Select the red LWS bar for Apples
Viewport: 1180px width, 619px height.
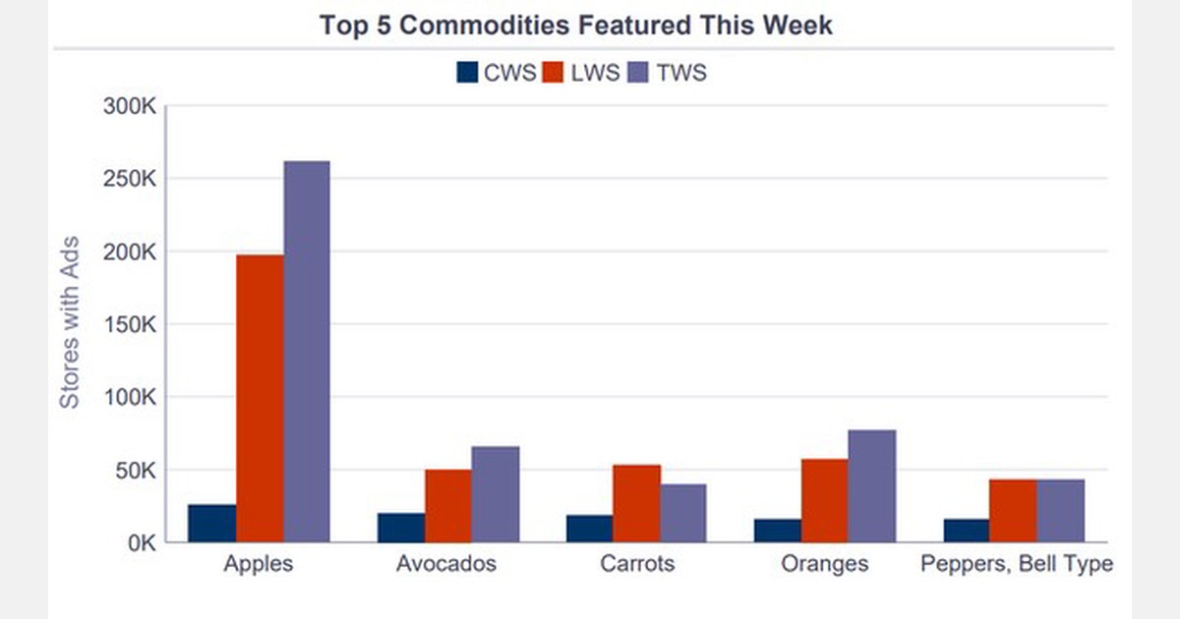click(x=260, y=398)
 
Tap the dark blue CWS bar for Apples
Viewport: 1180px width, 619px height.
click(x=212, y=523)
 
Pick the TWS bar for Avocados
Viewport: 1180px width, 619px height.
click(x=496, y=494)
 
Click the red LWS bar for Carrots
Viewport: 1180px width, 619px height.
click(x=637, y=503)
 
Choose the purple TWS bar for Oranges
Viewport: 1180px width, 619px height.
click(x=872, y=485)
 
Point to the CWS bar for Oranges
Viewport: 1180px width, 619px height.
click(x=778, y=531)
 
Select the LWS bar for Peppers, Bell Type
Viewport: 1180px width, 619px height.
click(x=1013, y=510)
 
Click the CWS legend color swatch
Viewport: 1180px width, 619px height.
click(x=467, y=73)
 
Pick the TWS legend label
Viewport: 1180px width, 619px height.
click(x=682, y=73)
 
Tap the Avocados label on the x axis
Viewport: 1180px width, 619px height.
click(x=446, y=564)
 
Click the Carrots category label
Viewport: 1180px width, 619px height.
click(x=637, y=564)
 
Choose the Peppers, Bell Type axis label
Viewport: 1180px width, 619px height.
click(x=1016, y=564)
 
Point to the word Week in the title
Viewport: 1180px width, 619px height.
click(x=800, y=25)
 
